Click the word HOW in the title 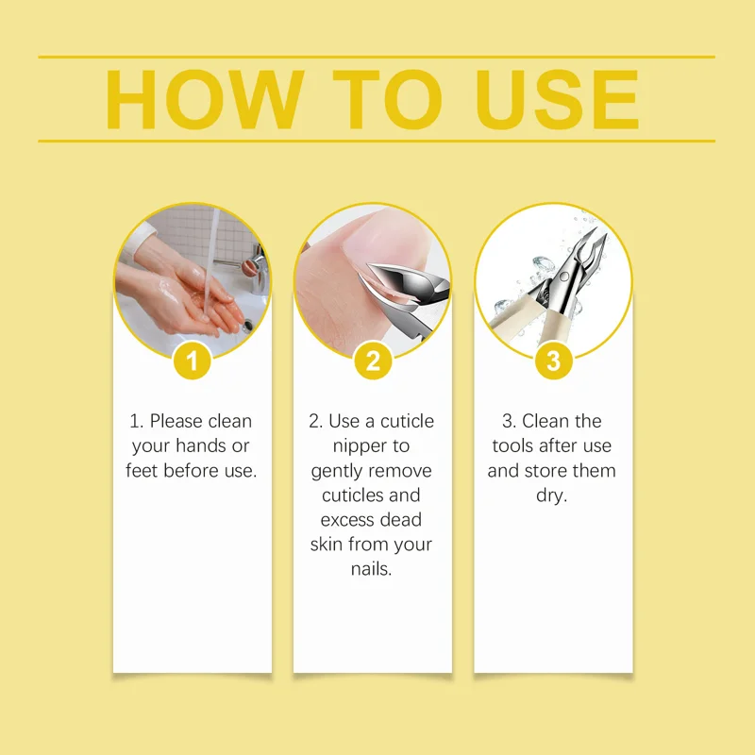point(205,99)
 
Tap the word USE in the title point(557,99)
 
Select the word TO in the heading point(387,99)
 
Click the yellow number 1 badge point(193,361)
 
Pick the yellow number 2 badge point(373,361)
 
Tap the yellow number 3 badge point(554,361)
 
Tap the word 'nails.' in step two point(371,569)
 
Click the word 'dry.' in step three point(552,495)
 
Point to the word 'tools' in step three point(513,445)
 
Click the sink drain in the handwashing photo point(247,325)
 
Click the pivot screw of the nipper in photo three point(563,276)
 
